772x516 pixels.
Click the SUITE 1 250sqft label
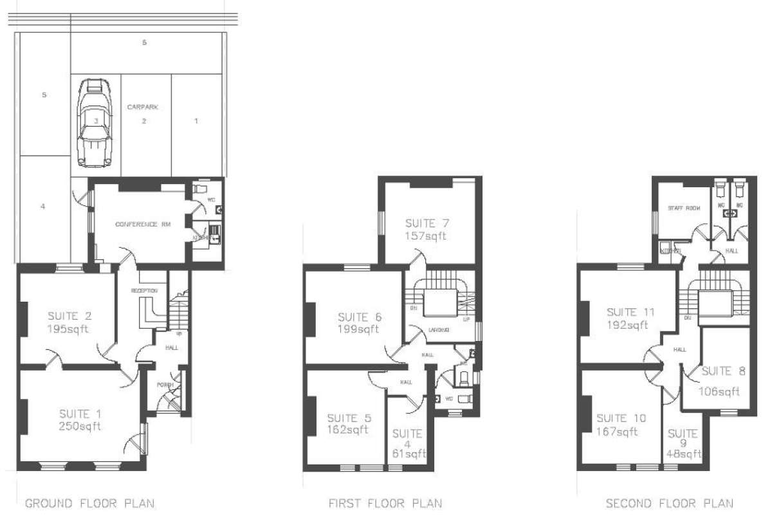pyautogui.click(x=80, y=419)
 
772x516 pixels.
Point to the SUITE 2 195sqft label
pyautogui.click(x=68, y=322)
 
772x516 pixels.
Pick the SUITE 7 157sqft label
pyautogui.click(x=426, y=230)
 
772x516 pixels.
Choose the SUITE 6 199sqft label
pyautogui.click(x=359, y=323)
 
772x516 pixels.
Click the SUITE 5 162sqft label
pyautogui.click(x=347, y=423)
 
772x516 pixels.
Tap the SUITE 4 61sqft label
pyautogui.click(x=408, y=443)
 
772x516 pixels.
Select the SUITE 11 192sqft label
pyautogui.click(x=631, y=318)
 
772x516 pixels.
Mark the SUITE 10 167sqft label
pyautogui.click(x=621, y=425)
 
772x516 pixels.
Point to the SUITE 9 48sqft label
pyautogui.click(x=683, y=443)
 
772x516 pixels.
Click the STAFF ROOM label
pyautogui.click(x=683, y=208)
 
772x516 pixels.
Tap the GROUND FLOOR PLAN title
pyautogui.click(x=89, y=502)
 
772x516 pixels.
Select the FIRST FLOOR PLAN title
pyautogui.click(x=385, y=502)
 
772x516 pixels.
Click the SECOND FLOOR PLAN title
pyautogui.click(x=670, y=502)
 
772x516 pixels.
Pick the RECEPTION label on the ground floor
pyautogui.click(x=145, y=291)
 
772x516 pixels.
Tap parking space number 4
pyautogui.click(x=42, y=207)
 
